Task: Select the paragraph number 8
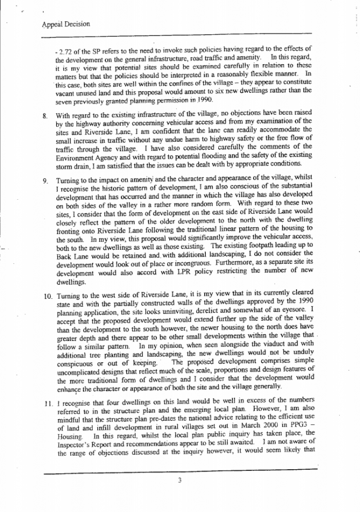(44, 115)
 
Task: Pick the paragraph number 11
(46, 403)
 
